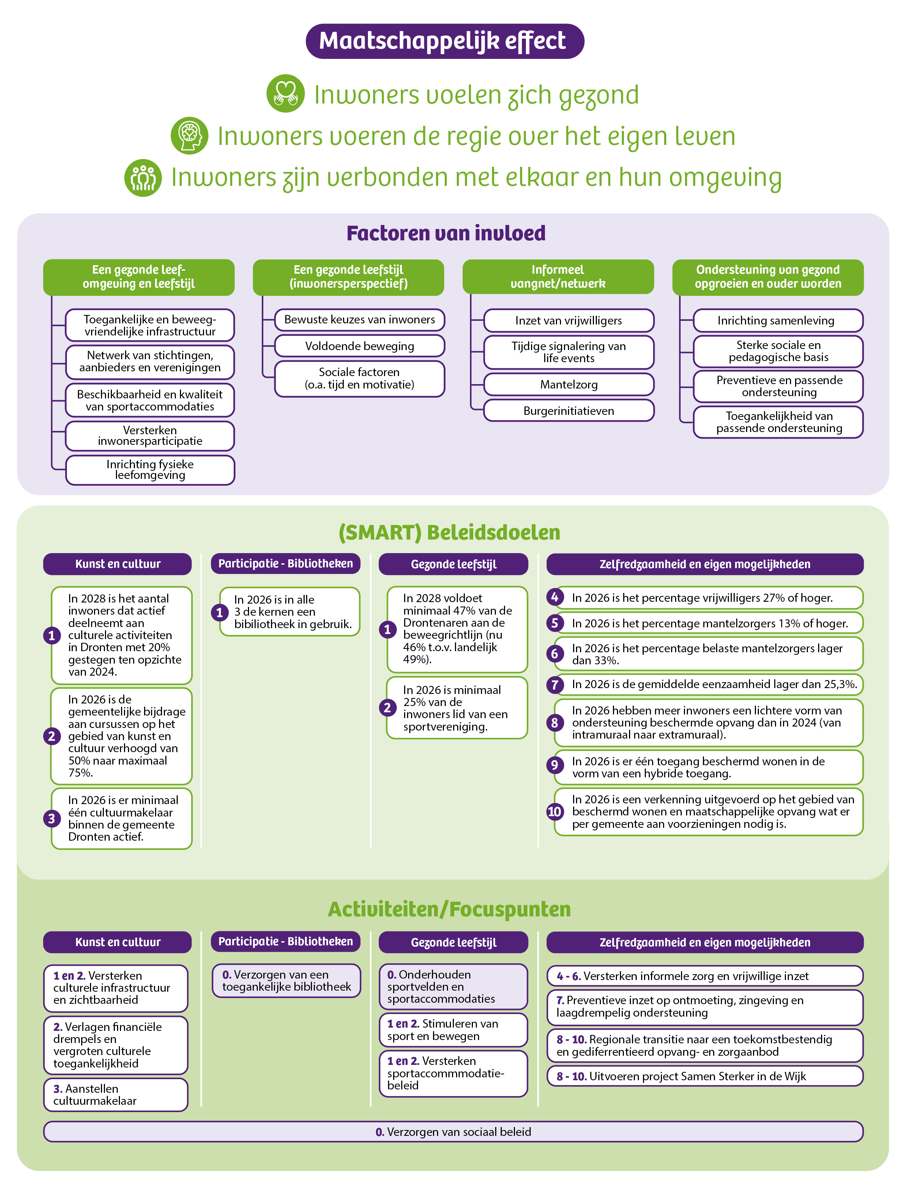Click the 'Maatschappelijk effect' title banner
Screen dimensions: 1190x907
pos(444,41)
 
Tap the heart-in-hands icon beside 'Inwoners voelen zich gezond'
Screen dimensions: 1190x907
pos(286,93)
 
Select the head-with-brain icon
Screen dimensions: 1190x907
pos(189,135)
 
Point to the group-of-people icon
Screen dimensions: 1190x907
pos(143,178)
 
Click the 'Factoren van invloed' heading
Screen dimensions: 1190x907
pos(446,233)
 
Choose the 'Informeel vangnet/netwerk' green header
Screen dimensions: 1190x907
pos(558,277)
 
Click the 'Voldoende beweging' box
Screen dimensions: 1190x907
pos(360,346)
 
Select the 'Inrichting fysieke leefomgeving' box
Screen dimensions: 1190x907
pos(150,470)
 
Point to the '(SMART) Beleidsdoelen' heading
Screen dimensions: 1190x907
pos(449,532)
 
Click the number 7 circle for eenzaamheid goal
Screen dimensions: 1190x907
pos(554,685)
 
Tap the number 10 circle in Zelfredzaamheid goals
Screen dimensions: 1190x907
pos(554,811)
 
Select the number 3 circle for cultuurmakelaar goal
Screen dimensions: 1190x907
pos(52,819)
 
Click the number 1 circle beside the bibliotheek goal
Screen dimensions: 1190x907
pos(219,612)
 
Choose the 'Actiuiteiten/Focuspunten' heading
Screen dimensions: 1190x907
pos(449,909)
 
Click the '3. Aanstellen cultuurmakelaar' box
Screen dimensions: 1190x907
pos(116,1095)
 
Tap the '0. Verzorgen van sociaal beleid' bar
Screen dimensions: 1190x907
pos(453,1132)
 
